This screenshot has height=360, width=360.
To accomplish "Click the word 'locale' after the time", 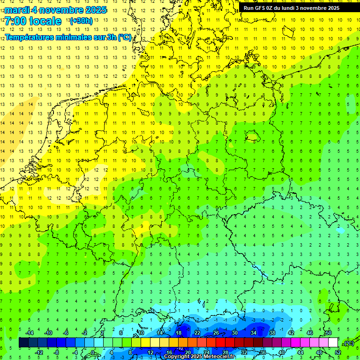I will tap(45, 21).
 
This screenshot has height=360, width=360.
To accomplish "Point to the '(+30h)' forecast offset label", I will tap(81, 21).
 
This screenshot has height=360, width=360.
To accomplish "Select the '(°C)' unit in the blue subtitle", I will tap(124, 37).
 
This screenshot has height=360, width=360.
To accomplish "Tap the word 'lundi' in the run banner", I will tap(294, 8).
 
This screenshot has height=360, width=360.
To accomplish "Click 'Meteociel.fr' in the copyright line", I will tap(219, 357).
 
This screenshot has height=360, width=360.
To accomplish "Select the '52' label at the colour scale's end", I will tap(337, 352).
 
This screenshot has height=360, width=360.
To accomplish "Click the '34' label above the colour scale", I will tap(254, 333).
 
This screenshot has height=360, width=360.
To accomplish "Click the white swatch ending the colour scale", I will tap(333, 343).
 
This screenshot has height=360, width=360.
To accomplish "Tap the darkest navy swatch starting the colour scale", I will tap(23, 343).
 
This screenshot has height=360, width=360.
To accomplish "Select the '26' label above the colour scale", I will tap(216, 333).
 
